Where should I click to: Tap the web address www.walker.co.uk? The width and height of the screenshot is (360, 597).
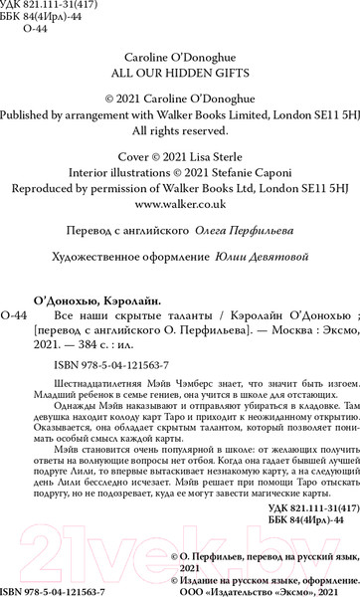click(179, 202)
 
